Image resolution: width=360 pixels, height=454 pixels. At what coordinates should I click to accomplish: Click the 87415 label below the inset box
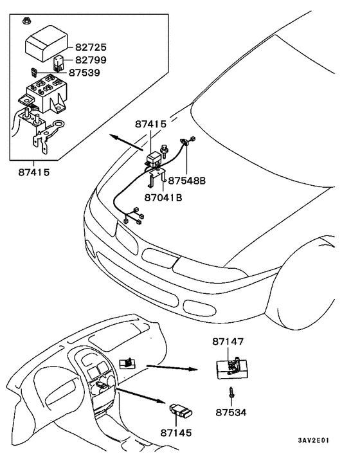[34, 172]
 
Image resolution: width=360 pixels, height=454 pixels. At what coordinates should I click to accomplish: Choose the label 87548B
[188, 182]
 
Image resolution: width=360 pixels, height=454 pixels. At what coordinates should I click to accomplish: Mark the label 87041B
[163, 197]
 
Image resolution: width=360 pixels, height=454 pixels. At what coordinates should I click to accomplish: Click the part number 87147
[230, 341]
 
